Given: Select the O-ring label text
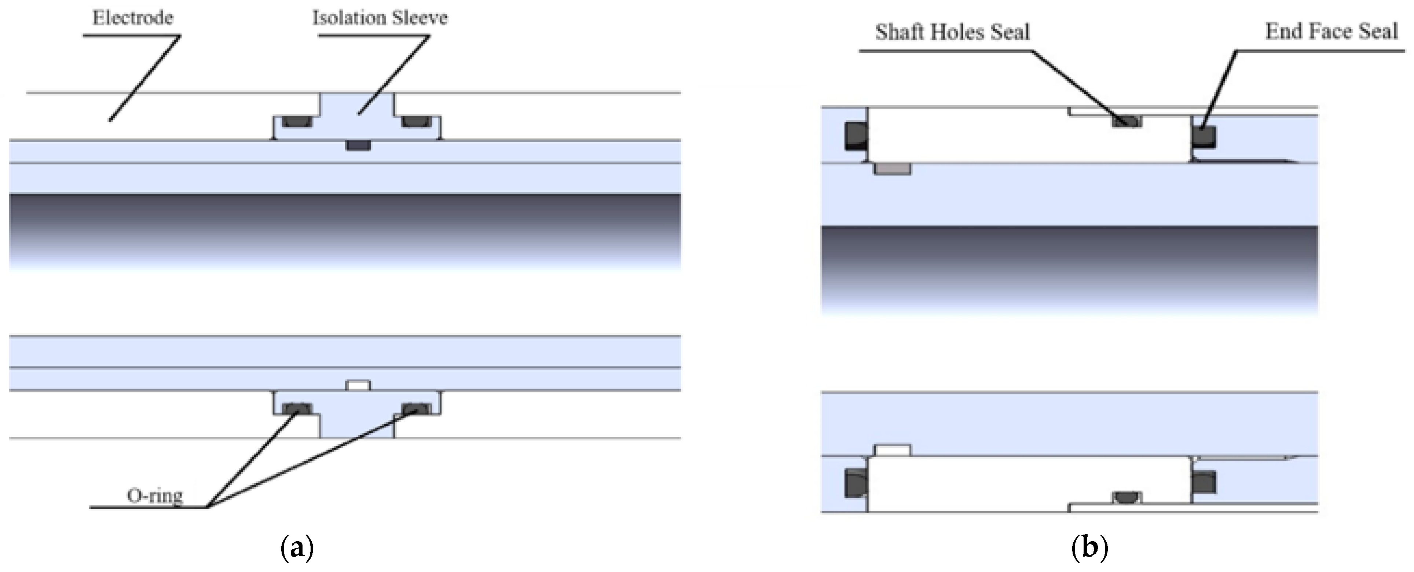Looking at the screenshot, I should pyautogui.click(x=155, y=496).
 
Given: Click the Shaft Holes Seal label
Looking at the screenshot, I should pyautogui.click(x=952, y=32).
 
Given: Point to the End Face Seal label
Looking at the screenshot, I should pyautogui.click(x=1331, y=31).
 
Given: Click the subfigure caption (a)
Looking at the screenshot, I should pyautogui.click(x=297, y=548).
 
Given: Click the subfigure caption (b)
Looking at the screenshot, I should pyautogui.click(x=1089, y=548).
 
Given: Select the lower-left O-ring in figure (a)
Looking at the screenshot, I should pyautogui.click(x=297, y=408).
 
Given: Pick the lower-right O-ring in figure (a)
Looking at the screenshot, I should pyautogui.click(x=417, y=408).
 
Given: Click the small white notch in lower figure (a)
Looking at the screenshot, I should pyautogui.click(x=358, y=385).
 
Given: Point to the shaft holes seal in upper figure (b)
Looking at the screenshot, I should pyautogui.click(x=1127, y=122).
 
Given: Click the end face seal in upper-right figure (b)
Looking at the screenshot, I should pyautogui.click(x=1204, y=137).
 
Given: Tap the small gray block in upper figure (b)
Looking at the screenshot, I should pyautogui.click(x=893, y=169).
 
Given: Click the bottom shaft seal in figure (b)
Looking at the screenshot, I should pyautogui.click(x=1127, y=498).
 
